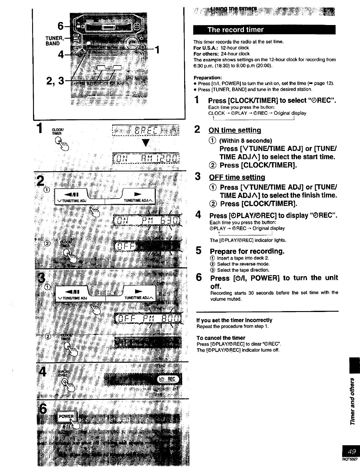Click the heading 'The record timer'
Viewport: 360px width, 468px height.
coord(235,30)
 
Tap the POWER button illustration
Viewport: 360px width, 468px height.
coord(66,416)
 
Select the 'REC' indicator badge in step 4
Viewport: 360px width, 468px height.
coord(169,379)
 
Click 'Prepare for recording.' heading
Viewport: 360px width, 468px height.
coord(247,251)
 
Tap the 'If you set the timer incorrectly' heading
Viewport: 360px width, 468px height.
coord(234,320)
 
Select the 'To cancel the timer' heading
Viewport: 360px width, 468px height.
coord(221,338)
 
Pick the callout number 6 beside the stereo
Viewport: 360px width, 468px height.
coord(60,26)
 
